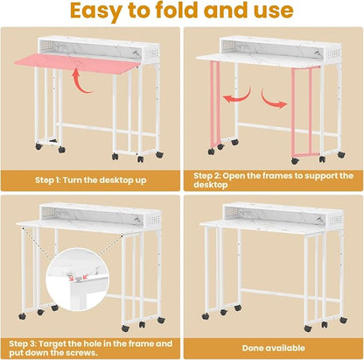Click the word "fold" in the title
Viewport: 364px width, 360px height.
[177, 10]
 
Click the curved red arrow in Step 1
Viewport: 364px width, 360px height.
[81, 81]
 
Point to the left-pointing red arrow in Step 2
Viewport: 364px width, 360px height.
[237, 95]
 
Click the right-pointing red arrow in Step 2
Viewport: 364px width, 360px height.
[274, 99]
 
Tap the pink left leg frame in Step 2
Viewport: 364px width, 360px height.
[215, 103]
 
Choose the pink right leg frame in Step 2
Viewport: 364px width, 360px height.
[302, 112]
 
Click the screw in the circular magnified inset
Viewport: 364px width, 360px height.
[78, 279]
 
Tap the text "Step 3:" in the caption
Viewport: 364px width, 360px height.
[23, 343]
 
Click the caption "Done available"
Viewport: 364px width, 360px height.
[274, 348]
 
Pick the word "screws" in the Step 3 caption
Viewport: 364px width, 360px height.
[82, 353]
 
